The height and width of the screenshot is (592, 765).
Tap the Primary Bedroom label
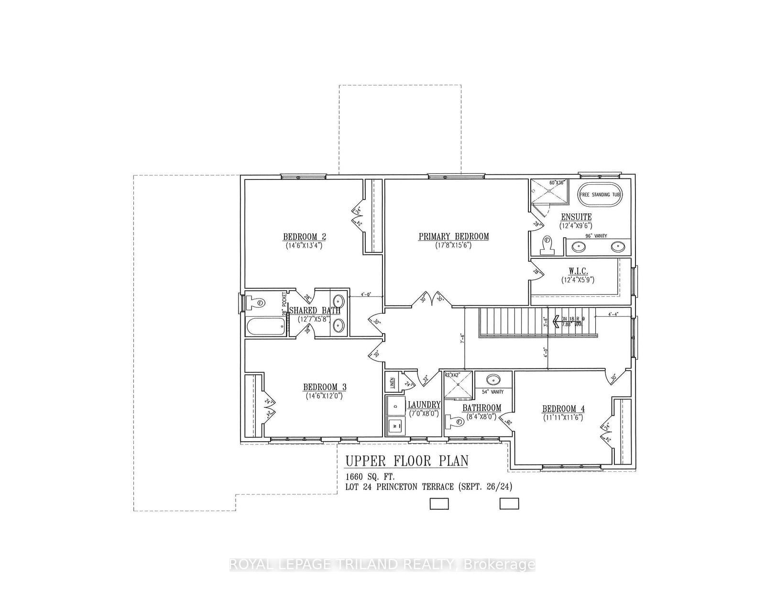(454, 236)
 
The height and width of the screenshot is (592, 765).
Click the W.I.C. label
(578, 271)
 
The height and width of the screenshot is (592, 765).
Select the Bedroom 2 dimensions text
(304, 246)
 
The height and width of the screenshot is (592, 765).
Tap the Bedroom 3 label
(325, 387)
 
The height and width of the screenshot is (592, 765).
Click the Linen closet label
(392, 382)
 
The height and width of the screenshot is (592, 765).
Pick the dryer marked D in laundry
(395, 406)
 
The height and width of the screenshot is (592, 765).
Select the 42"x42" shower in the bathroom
(458, 385)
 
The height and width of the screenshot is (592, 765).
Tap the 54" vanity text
(492, 392)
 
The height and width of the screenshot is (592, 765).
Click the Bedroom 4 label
(563, 409)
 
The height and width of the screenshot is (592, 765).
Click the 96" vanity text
(595, 236)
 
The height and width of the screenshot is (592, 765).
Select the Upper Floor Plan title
(406, 461)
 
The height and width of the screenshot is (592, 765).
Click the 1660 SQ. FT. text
(371, 477)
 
